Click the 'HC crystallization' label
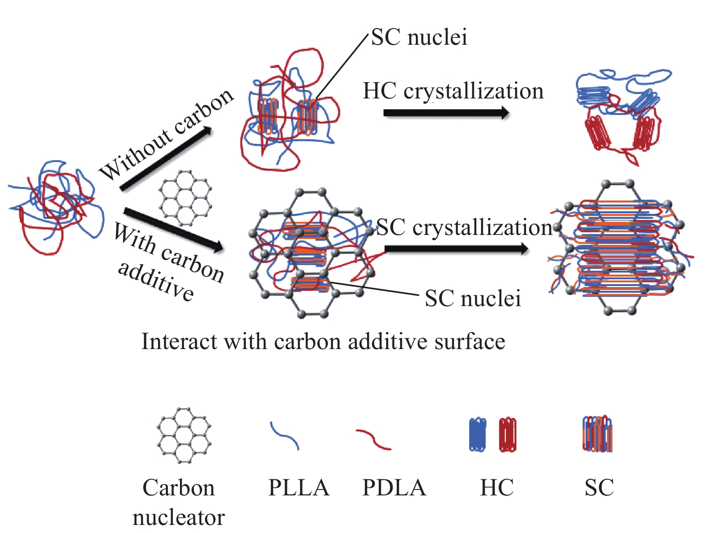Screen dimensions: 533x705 (453, 91)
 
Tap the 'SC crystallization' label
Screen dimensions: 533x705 (465, 227)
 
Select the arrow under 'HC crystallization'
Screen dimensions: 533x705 (446, 113)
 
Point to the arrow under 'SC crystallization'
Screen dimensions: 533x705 (456, 249)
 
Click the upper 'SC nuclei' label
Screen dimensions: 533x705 (419, 37)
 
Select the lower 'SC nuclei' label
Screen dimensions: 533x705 (473, 298)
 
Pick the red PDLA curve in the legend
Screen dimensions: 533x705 (373, 439)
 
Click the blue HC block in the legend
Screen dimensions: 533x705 (478, 435)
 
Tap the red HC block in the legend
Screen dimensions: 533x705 (508, 435)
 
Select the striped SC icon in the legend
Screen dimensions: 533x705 (597, 434)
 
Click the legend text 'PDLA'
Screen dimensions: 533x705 (394, 487)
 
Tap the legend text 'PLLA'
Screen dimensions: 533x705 (299, 487)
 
